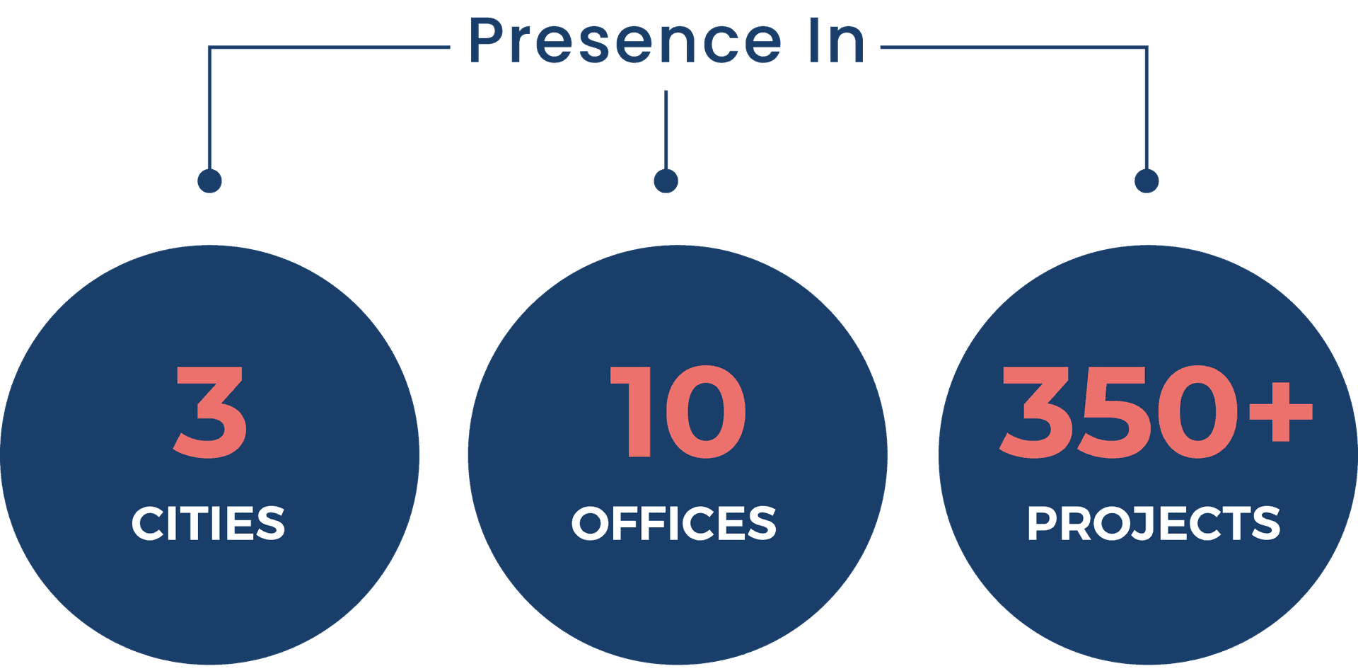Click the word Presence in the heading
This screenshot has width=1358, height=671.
625,41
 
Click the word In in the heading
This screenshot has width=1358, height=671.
837,41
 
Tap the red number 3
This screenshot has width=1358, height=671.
211,412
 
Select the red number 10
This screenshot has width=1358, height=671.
678,412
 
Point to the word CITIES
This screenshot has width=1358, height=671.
208,524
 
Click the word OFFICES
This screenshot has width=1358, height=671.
673,524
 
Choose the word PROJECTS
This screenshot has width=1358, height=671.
1153,524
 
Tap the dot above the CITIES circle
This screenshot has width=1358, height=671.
209,180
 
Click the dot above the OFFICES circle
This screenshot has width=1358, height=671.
666,180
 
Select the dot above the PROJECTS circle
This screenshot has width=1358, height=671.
1147,180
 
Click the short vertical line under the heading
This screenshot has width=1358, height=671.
666,127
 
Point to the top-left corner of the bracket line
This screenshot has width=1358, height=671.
210,48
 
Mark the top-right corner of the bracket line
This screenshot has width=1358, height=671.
1146,48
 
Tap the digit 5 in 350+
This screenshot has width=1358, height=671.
1117,412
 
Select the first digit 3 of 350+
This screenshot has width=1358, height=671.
1036,412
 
